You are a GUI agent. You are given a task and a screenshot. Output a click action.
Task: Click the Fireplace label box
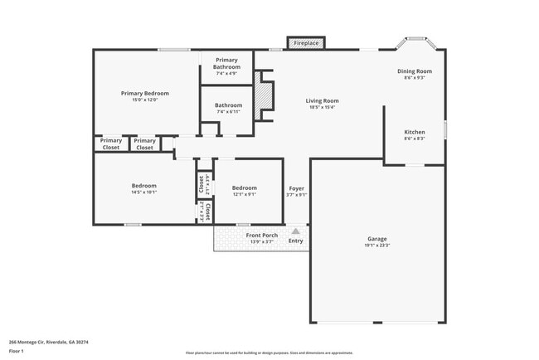point(306,42)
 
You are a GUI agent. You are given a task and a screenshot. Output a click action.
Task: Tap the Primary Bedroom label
point(144,94)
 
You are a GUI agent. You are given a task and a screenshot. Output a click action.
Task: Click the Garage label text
point(376,239)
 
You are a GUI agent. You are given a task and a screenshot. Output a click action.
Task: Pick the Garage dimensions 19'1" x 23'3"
point(376,246)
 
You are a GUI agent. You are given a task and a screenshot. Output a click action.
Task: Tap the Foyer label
point(297,188)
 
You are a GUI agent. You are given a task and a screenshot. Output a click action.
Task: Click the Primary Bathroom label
point(226,64)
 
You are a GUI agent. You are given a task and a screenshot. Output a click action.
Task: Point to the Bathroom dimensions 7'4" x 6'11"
point(228,112)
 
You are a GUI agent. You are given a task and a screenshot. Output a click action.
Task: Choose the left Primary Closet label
point(110,144)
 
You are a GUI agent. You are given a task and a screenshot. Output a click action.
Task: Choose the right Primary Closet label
point(144,144)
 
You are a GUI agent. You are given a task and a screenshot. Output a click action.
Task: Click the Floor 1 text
point(17,351)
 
